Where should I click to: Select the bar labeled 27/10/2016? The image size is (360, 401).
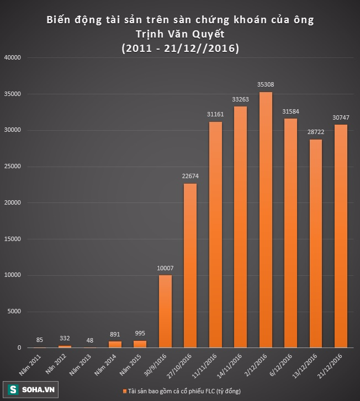click(x=189, y=265)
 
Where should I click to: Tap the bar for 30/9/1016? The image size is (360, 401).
click(x=165, y=311)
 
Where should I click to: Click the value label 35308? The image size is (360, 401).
click(x=265, y=85)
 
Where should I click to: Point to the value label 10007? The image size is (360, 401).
click(x=165, y=269)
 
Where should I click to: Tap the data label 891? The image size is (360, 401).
click(x=115, y=335)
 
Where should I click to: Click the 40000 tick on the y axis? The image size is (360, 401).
click(x=12, y=57)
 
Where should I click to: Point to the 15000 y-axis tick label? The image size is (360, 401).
click(x=12, y=239)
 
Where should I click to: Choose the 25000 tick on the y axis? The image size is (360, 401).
click(x=12, y=167)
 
